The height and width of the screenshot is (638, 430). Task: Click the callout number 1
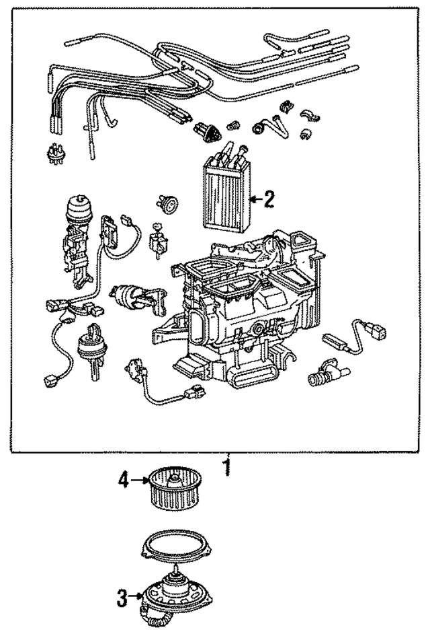[226, 466]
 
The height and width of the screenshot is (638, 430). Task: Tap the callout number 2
[269, 199]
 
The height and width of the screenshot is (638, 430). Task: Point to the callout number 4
[123, 480]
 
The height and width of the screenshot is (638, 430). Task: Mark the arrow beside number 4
[138, 480]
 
